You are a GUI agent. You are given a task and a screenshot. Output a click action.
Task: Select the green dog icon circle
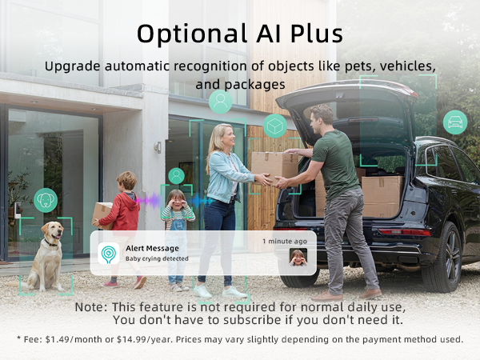[46, 199]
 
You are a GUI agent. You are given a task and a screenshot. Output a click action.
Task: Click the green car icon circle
[455, 122]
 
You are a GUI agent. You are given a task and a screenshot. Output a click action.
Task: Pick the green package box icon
[275, 126]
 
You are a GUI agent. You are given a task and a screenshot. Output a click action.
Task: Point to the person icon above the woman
[220, 102]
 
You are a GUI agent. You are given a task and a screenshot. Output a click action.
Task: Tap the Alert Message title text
[152, 248]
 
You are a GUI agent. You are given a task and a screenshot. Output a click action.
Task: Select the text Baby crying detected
[157, 259]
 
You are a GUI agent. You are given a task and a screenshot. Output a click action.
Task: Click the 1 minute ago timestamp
[285, 241]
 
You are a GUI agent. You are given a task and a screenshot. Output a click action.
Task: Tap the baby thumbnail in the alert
[298, 258]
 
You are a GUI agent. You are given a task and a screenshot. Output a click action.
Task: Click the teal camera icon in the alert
[109, 254]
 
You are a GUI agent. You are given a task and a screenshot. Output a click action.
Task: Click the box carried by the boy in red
[102, 214]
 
